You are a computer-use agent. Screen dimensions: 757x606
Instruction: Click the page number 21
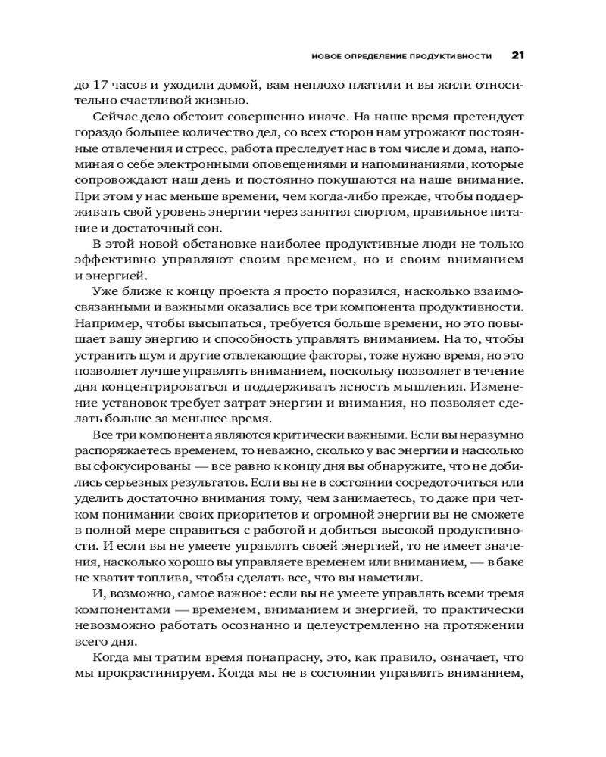pyautogui.click(x=518, y=55)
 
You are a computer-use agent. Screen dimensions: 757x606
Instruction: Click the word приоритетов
pyautogui.click(x=242, y=515)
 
